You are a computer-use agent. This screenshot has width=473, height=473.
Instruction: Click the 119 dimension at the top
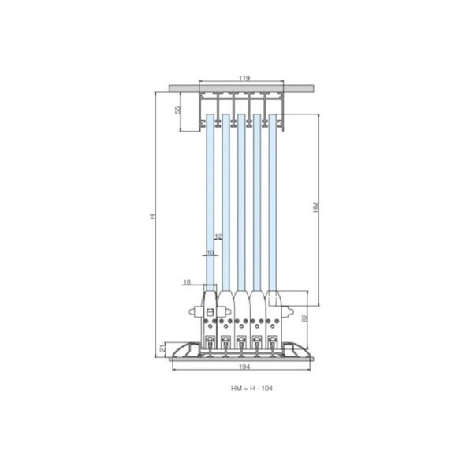[244, 78]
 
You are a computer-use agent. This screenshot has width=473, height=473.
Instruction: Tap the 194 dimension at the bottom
[244, 367]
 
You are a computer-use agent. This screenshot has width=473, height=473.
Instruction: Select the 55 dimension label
[178, 110]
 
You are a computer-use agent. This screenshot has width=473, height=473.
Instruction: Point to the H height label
[153, 216]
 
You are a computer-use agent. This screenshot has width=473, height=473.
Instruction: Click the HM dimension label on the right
[316, 207]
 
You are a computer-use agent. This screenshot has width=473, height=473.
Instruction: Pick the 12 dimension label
[218, 236]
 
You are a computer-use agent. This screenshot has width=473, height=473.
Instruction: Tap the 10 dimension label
[210, 252]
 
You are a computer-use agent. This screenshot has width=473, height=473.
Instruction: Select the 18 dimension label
[187, 282]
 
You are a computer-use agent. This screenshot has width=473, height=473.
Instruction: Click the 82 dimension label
[304, 318]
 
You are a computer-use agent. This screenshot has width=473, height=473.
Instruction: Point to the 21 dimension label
[162, 348]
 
